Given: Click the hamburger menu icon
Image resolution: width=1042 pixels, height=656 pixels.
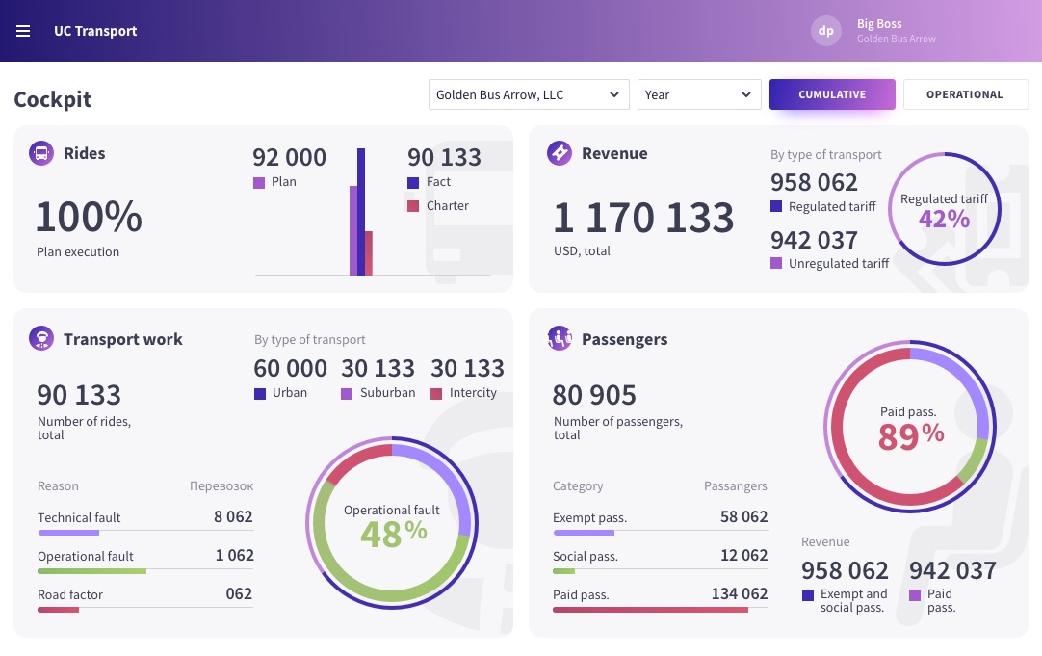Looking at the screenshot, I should (23, 31).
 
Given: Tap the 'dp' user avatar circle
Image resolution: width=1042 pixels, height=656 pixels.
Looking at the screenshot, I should (826, 31).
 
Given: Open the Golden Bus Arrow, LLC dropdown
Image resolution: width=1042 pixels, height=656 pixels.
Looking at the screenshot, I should (529, 94).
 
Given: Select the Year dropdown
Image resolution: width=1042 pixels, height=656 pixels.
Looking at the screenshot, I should (699, 94).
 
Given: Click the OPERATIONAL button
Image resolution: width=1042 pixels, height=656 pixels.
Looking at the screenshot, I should (965, 94).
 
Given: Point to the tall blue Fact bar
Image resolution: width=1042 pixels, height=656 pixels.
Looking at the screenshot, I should (361, 211).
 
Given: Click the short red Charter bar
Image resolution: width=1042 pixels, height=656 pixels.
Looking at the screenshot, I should (369, 253).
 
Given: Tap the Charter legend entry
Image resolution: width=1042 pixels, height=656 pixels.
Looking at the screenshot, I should (438, 205).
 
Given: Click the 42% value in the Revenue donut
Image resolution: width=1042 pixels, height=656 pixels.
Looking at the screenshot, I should (944, 219).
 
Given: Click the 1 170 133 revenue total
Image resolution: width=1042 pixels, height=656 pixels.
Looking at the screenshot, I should (643, 218).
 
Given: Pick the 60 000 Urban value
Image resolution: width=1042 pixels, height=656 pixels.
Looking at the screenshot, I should (290, 368).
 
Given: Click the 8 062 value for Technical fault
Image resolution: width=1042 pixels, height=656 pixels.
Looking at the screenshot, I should (233, 516).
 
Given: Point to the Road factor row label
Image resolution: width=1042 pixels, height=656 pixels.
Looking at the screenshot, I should (70, 594).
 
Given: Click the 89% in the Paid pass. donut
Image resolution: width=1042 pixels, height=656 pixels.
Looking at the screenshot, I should (910, 435).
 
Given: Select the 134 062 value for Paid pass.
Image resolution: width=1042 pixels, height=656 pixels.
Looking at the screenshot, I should (740, 593).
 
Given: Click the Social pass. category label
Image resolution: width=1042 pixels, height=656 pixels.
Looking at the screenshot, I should (586, 556).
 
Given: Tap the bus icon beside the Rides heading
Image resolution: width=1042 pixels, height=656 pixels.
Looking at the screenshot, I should (41, 153).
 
